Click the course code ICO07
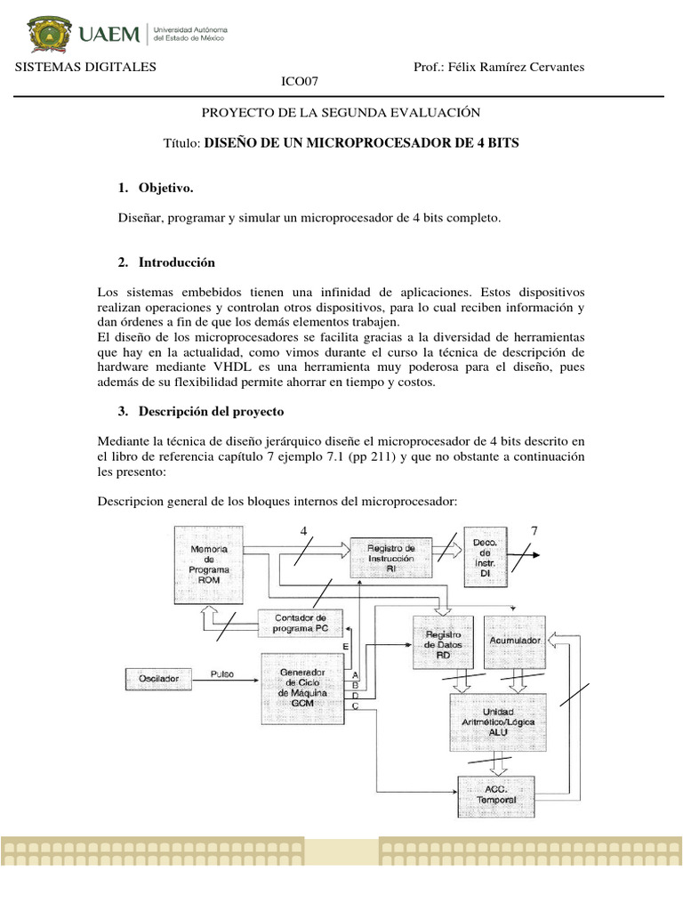300,83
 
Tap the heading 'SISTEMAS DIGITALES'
80,68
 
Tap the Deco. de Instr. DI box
486,556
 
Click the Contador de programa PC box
301,623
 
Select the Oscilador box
159,680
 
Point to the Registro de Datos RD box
443,644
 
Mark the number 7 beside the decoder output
534,530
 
